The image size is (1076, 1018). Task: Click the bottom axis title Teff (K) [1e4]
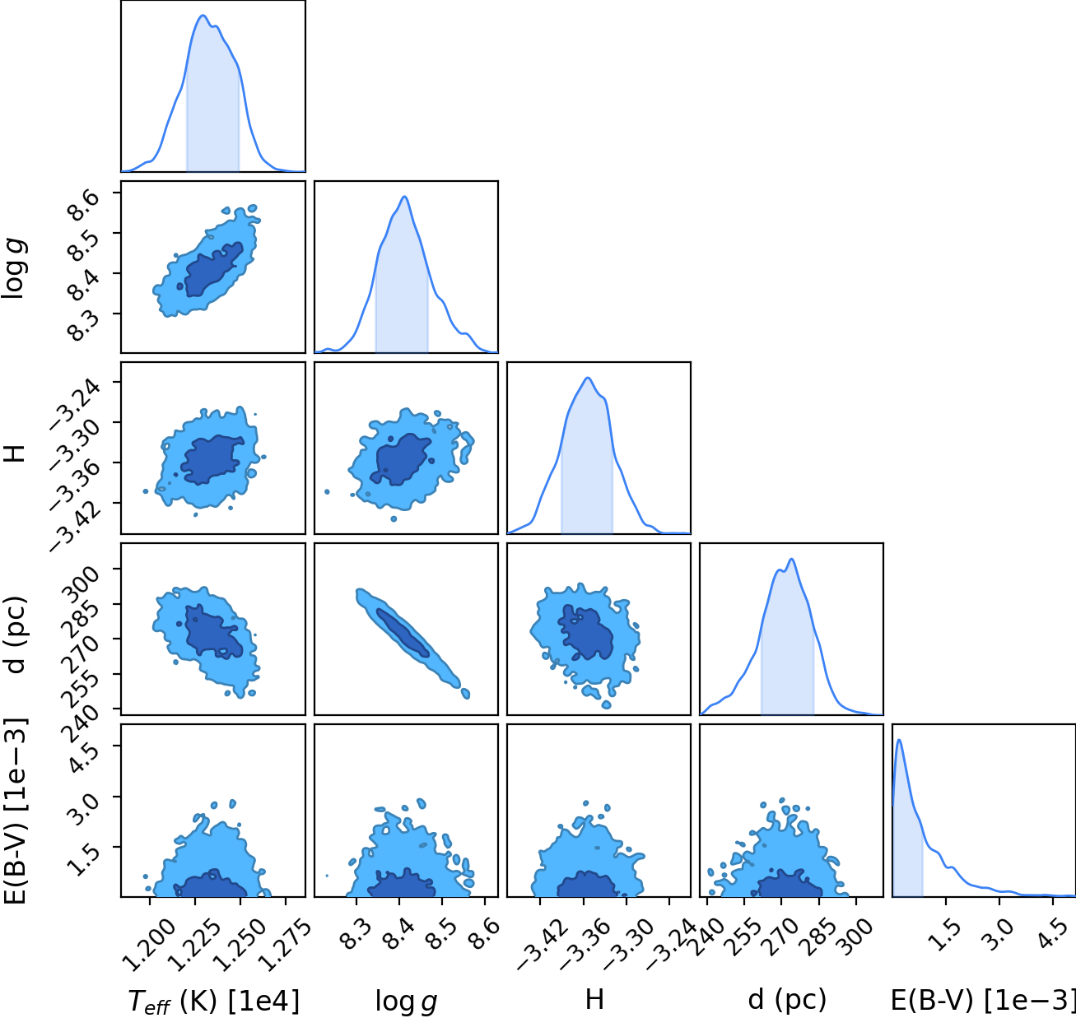(x=213, y=1001)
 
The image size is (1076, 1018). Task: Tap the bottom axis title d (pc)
(x=787, y=999)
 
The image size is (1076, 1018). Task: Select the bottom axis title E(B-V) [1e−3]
(x=982, y=999)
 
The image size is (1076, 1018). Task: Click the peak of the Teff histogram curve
(x=203, y=16)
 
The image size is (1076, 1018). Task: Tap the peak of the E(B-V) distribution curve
(x=899, y=741)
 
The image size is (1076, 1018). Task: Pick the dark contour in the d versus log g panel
(x=403, y=632)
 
